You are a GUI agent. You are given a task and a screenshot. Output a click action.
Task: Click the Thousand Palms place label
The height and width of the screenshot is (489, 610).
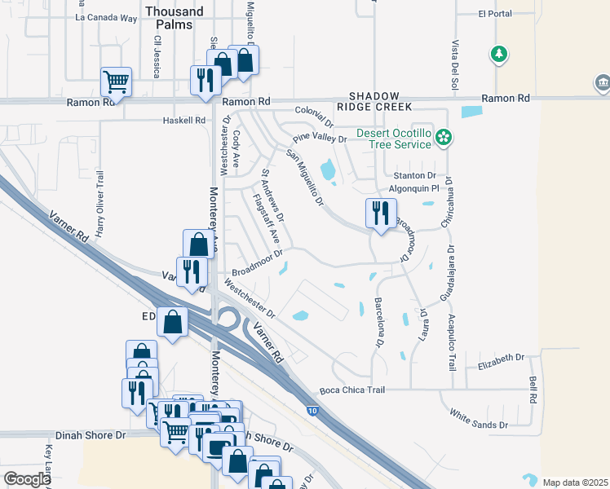tap(175, 18)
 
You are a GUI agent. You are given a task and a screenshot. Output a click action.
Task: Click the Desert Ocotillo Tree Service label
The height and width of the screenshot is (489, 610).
tap(393, 139)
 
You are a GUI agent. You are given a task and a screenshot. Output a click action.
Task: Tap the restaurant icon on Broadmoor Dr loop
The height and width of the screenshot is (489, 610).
tap(381, 214)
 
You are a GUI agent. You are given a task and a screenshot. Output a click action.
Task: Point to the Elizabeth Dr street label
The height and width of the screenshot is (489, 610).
tap(502, 359)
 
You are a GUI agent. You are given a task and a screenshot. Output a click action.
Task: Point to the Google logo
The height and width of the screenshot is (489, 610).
tap(27, 479)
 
